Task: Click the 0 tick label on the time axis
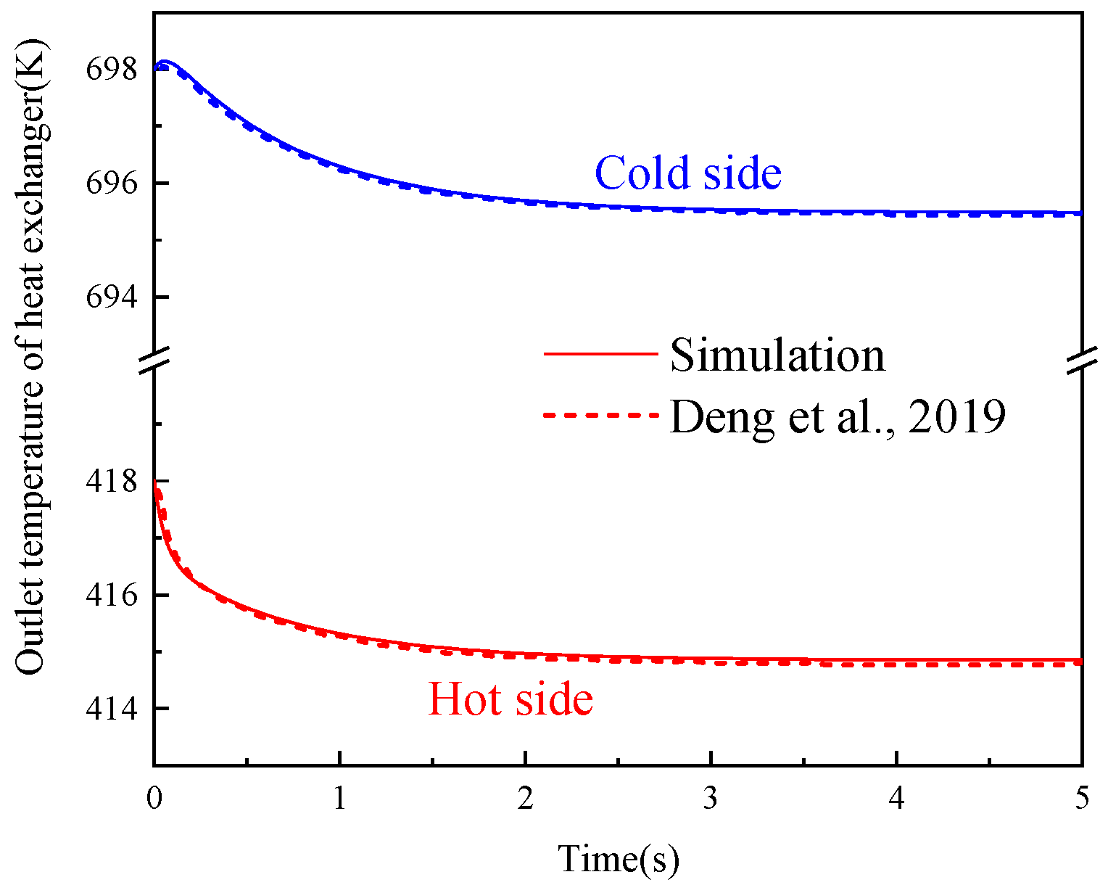point(154,799)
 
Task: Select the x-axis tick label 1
point(339,799)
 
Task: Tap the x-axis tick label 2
point(525,799)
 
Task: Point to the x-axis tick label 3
point(711,799)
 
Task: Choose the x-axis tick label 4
point(897,799)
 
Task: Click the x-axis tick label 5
point(1082,799)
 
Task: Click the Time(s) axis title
point(619,860)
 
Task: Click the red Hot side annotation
point(510,700)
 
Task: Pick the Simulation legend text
point(777,355)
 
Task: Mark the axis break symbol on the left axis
point(154,361)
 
